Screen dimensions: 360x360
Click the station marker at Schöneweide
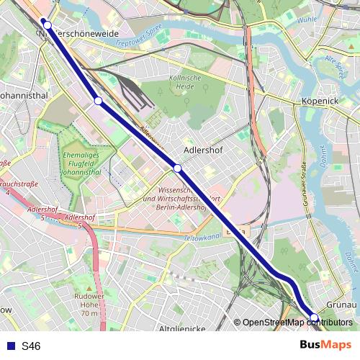[x=48, y=25]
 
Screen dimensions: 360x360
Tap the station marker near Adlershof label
[x=177, y=168]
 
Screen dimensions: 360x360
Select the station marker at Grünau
[x=314, y=318]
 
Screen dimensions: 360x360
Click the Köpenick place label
[x=320, y=102]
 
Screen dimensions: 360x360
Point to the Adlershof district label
[x=200, y=151]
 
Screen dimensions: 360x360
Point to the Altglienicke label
[x=181, y=328]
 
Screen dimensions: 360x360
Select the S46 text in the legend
[x=31, y=346]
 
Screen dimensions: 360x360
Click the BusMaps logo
[x=326, y=346]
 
